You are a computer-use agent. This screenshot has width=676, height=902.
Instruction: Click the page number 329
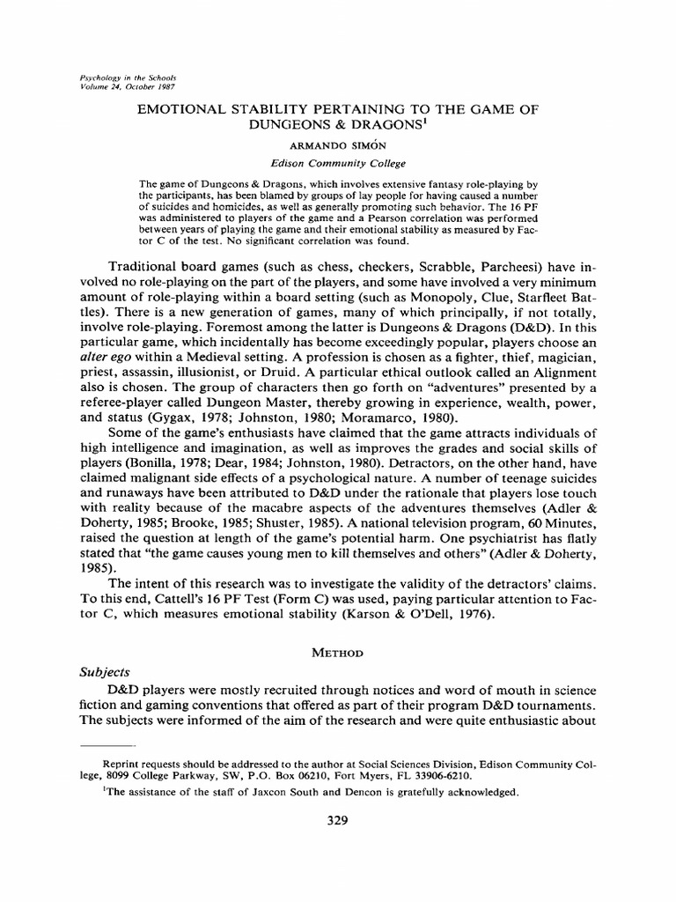tap(337, 821)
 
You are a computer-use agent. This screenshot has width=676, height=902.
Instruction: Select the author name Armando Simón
tap(338, 146)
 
